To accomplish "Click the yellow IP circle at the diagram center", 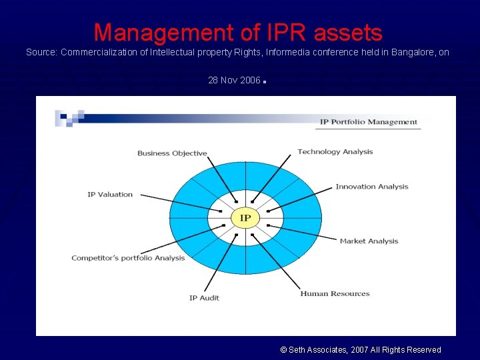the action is pyautogui.click(x=245, y=218).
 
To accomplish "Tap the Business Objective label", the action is pyautogui.click(x=172, y=153).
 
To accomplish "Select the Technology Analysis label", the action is pyautogui.click(x=335, y=152).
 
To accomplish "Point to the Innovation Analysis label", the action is pyautogui.click(x=371, y=187).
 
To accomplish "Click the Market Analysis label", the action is pyautogui.click(x=369, y=241).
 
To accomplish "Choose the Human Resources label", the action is pyautogui.click(x=335, y=293).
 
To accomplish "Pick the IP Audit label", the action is pyautogui.click(x=204, y=298).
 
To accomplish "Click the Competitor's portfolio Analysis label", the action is pyautogui.click(x=128, y=258).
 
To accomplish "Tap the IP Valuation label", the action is pyautogui.click(x=110, y=195).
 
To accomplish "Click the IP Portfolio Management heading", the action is pyautogui.click(x=368, y=122).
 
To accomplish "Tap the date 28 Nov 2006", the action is pyautogui.click(x=234, y=80).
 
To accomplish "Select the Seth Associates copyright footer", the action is pyautogui.click(x=361, y=349).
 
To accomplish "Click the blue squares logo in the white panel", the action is pyautogui.click(x=69, y=117).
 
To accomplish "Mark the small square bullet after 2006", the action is pyautogui.click(x=265, y=83).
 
